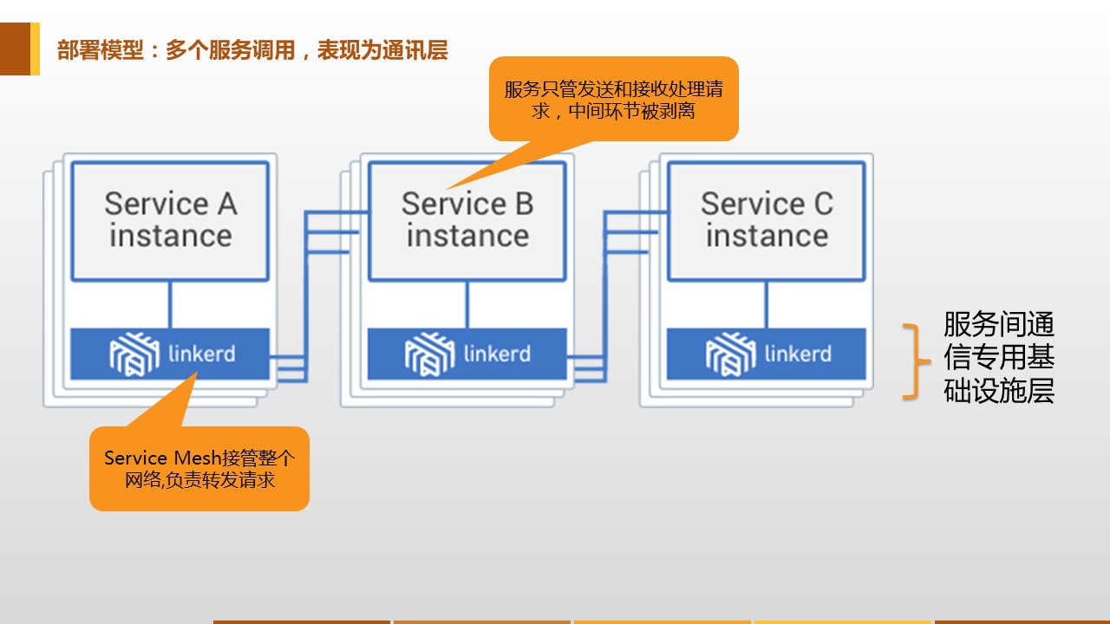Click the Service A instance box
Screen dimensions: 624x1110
pyautogui.click(x=170, y=220)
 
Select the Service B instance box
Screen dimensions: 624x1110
pyautogui.click(x=467, y=220)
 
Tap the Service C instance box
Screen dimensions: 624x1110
pyautogui.click(x=767, y=220)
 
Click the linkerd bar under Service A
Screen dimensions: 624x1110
pyautogui.click(x=170, y=354)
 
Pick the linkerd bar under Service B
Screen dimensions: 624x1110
pyautogui.click(x=467, y=354)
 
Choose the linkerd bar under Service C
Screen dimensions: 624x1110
pyautogui.click(x=767, y=354)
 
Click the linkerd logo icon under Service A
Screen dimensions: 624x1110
pyautogui.click(x=135, y=354)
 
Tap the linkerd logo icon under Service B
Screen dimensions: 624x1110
pyautogui.click(x=430, y=354)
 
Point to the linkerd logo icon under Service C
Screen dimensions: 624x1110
pyautogui.click(x=731, y=354)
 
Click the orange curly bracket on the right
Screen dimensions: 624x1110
pyautogui.click(x=910, y=361)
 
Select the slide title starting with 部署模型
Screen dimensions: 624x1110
pyautogui.click(x=252, y=50)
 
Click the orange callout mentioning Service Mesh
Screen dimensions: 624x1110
pyautogui.click(x=199, y=468)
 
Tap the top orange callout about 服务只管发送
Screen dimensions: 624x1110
pyautogui.click(x=613, y=100)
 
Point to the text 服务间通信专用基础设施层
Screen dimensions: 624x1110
pyautogui.click(x=999, y=358)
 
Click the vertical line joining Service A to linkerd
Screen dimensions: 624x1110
pyautogui.click(x=170, y=304)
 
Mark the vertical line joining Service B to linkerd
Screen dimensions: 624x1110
pyautogui.click(x=467, y=304)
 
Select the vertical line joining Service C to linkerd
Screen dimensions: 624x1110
pyautogui.click(x=766, y=304)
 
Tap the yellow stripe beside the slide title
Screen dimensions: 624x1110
pyautogui.click(x=35, y=49)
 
